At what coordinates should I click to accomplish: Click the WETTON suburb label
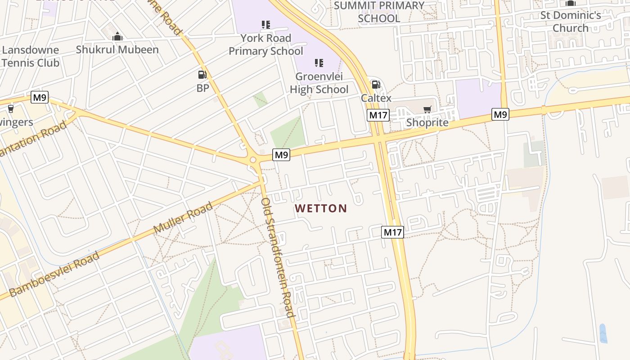pyautogui.click(x=321, y=208)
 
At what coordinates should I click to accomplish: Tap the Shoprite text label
pyautogui.click(x=427, y=122)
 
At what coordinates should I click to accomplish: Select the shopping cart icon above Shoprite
pyautogui.click(x=427, y=109)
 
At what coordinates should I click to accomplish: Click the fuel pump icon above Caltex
pyautogui.click(x=376, y=84)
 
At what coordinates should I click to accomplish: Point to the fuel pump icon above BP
pyautogui.click(x=202, y=75)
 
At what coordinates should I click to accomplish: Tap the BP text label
pyautogui.click(x=203, y=88)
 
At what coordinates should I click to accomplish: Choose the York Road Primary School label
pyautogui.click(x=266, y=45)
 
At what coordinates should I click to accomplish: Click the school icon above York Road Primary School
pyautogui.click(x=266, y=24)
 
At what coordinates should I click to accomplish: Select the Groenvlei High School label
pyautogui.click(x=319, y=83)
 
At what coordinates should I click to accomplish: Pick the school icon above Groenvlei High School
pyautogui.click(x=319, y=63)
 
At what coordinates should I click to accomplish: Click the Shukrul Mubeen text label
pyautogui.click(x=117, y=49)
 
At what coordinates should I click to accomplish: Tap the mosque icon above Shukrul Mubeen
pyautogui.click(x=117, y=36)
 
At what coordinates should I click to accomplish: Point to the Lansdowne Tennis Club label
pyautogui.click(x=30, y=56)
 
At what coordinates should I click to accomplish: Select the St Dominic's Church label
pyautogui.click(x=571, y=22)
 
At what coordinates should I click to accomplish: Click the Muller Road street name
pyautogui.click(x=183, y=218)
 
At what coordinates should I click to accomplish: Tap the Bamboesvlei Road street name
pyautogui.click(x=54, y=274)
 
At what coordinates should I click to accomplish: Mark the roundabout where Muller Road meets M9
pyautogui.click(x=253, y=160)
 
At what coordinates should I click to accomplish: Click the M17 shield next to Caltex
pyautogui.click(x=378, y=115)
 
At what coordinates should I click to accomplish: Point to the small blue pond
pyautogui.click(x=603, y=333)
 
